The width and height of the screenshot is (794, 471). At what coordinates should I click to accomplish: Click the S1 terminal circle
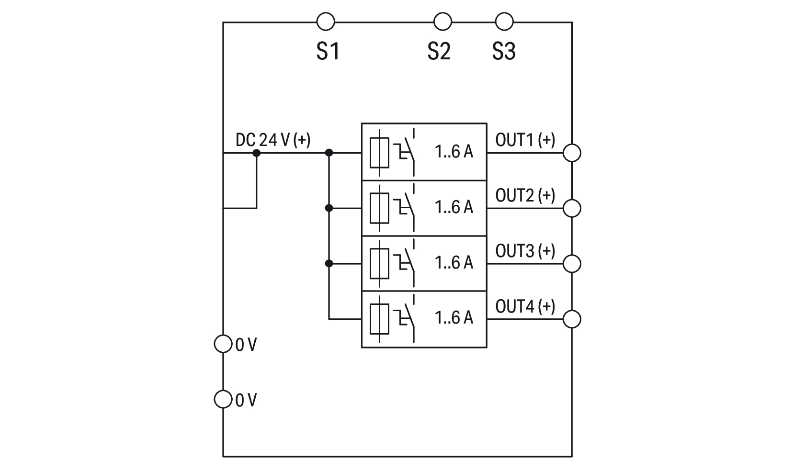pos(326,22)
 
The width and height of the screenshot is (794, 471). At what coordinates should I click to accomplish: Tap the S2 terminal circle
pos(442,22)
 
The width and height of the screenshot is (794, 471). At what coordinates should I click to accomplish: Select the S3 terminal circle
pos(503,22)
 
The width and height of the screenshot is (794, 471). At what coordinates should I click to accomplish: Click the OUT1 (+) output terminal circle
pos(572,153)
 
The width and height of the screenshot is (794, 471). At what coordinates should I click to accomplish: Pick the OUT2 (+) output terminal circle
pos(572,208)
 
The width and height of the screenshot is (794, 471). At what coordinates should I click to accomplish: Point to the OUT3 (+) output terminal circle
pos(572,264)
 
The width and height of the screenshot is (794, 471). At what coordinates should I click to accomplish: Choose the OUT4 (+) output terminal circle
pos(572,319)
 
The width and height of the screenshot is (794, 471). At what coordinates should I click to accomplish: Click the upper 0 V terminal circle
pos(223,344)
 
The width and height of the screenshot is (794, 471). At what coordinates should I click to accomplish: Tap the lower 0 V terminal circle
pos(223,399)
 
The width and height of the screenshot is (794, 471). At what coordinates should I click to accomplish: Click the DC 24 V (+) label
pos(273,140)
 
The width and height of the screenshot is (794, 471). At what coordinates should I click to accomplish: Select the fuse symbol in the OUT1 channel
pos(379,153)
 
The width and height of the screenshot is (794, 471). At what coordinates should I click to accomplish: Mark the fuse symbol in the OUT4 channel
pos(379,319)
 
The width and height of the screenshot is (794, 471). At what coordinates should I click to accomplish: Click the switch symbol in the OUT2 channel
pos(406,208)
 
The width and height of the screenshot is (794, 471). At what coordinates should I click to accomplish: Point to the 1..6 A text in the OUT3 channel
pos(454,262)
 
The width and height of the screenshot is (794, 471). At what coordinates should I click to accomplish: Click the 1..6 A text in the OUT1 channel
pos(454,152)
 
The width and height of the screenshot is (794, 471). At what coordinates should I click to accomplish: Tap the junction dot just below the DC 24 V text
pos(257,153)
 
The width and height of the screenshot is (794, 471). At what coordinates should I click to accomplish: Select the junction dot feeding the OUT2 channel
pos(329,208)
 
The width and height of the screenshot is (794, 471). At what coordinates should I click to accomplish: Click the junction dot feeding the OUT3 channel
pos(329,264)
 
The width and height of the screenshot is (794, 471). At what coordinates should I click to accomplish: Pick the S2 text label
pos(439,51)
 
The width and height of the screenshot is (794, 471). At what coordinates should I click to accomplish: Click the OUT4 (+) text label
pos(525,306)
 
